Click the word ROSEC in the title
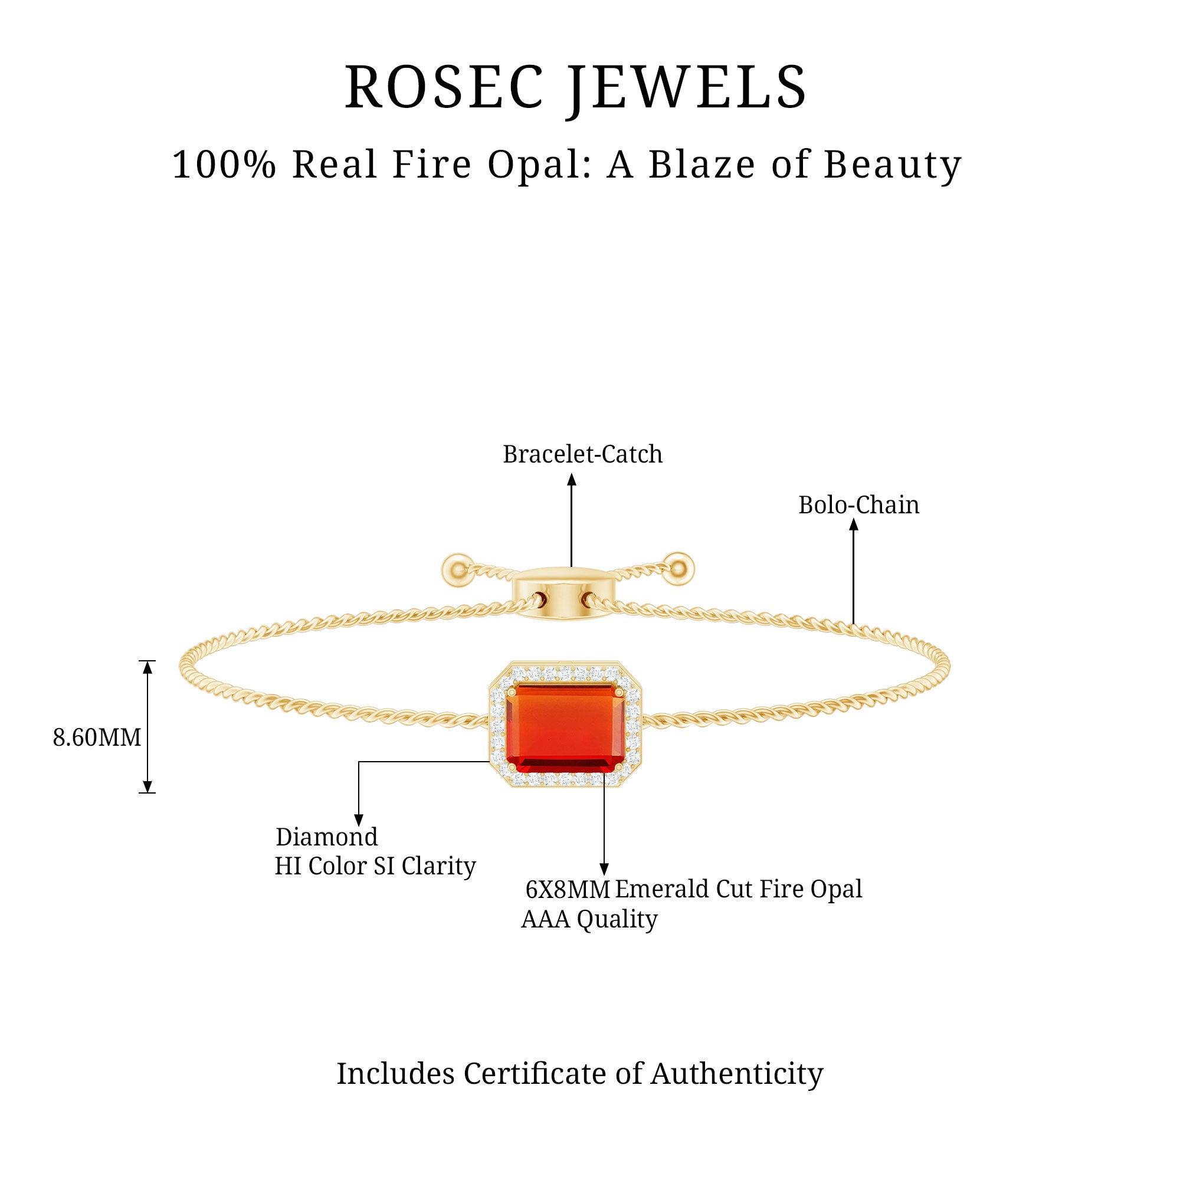pos(444,87)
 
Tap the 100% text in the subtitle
pos(224,165)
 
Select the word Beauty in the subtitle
pos(892,165)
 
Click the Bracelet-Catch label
pos(582,454)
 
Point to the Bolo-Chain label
pos(858,505)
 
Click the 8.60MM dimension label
pos(97,738)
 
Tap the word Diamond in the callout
pos(327,837)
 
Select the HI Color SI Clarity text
pos(375,866)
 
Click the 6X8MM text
pos(568,890)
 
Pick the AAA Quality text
pos(589,919)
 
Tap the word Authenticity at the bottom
pos(736,1074)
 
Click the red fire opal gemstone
pos(565,728)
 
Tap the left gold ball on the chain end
pos(457,570)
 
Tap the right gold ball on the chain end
pos(677,569)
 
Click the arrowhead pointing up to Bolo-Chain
pos(854,525)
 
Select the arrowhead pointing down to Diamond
pos(359,820)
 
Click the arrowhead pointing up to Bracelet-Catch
pos(572,480)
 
